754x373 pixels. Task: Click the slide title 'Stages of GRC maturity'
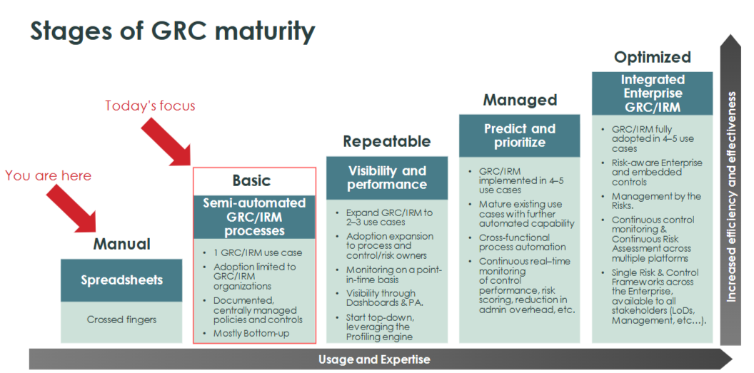(x=172, y=31)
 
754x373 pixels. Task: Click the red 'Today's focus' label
(x=150, y=106)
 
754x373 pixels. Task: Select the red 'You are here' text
(x=49, y=175)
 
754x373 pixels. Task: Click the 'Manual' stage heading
(x=122, y=244)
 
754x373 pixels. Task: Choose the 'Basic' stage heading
(x=251, y=180)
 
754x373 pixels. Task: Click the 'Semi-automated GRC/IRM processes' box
(x=254, y=217)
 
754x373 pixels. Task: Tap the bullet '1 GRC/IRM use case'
(x=258, y=252)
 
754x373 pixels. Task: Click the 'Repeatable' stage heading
(x=387, y=141)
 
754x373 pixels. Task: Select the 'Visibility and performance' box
(x=387, y=178)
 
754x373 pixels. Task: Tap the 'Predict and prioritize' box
(x=520, y=136)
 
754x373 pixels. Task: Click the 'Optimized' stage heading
(x=653, y=57)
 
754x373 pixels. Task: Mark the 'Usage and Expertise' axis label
(x=374, y=359)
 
